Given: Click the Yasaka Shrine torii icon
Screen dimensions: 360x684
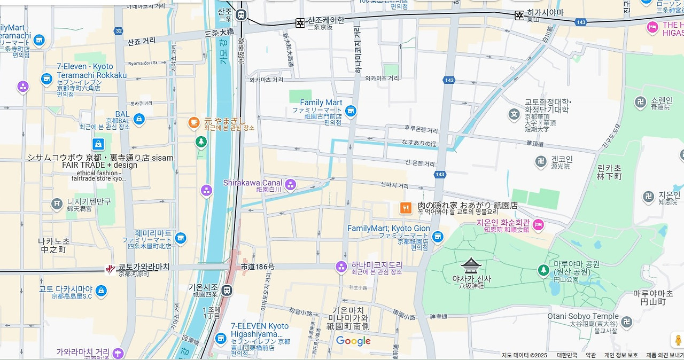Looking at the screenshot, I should (471, 265).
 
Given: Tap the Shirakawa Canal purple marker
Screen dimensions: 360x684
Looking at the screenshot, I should (290, 185).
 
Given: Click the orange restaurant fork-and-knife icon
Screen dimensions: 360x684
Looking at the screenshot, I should (406, 208).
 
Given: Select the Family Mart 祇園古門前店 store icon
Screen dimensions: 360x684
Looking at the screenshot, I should (351, 111).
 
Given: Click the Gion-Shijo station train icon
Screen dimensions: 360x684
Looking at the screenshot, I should (227, 290).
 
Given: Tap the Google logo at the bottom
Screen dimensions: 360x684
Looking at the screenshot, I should (353, 341).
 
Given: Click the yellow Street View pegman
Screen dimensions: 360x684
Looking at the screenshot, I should (678, 340).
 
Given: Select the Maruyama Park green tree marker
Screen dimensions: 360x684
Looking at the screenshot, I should (543, 270).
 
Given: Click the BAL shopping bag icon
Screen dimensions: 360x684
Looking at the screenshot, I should (139, 119).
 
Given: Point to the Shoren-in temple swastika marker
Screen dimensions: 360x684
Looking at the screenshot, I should (640, 102).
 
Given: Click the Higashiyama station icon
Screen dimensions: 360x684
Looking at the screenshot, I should (519, 15).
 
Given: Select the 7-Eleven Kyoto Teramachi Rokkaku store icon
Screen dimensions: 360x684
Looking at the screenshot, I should (46, 79).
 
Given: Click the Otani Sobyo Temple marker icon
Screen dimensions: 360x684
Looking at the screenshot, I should (626, 322).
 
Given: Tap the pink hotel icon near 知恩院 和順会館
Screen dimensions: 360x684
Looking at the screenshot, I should (538, 225).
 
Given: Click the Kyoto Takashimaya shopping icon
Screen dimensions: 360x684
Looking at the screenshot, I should (101, 291).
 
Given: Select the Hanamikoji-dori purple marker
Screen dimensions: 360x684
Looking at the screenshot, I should (341, 266).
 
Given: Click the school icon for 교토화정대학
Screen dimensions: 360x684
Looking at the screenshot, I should (514, 114).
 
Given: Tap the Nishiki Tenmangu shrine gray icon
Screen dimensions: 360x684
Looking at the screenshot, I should (57, 204).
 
